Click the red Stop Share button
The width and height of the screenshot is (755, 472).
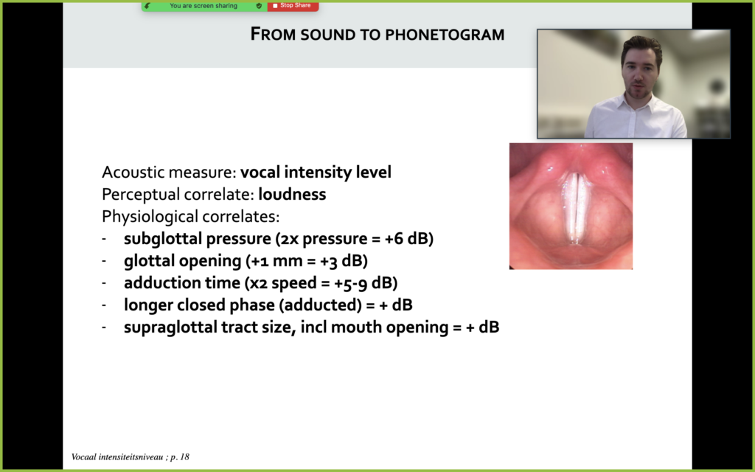(293, 6)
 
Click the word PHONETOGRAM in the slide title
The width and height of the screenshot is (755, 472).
(445, 35)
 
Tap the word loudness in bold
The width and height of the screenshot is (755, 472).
(292, 194)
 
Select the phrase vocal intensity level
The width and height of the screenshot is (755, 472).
(316, 172)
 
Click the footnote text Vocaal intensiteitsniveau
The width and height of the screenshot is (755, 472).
(117, 457)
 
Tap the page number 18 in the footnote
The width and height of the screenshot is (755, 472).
(185, 457)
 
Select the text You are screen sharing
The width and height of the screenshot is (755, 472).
(203, 6)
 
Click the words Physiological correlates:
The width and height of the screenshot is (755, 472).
(191, 217)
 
